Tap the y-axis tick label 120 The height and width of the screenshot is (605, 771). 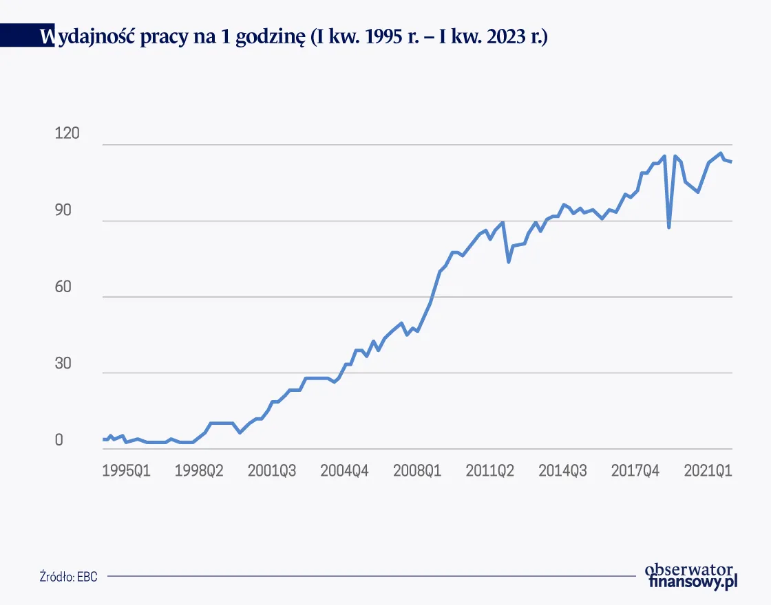[67, 134]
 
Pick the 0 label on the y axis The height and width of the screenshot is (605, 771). [59, 440]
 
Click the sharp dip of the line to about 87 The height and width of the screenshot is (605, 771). [669, 226]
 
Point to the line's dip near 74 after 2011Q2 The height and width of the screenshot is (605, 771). [509, 261]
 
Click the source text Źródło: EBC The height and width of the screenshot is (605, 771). [68, 577]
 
